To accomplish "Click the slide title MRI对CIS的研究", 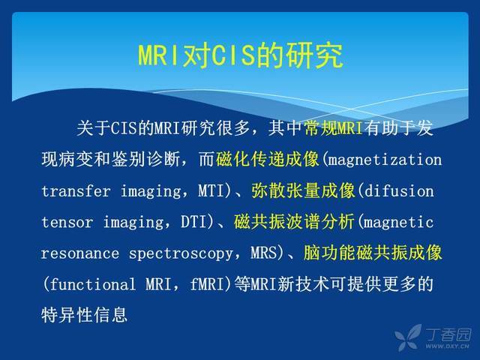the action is pos(241,55).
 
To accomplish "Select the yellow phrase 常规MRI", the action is pos(334,128).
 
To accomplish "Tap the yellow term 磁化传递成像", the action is pos(268,159).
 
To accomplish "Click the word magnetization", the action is pos(385,160).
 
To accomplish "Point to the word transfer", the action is pos(76,191).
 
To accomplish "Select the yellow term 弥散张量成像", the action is pos(303,190).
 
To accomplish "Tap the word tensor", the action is pos(67,222).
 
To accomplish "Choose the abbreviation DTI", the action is pos(194,222).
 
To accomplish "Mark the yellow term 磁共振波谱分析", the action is pos(294,222).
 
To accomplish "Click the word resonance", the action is pos(80,253).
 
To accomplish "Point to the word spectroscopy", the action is pos(181,254).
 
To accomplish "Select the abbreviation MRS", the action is pos(263,253).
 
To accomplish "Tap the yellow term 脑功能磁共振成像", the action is pos(373,253).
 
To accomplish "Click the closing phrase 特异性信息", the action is pos(84,315).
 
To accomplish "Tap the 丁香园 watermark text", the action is pos(448,334).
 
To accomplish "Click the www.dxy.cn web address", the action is pos(447,346).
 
